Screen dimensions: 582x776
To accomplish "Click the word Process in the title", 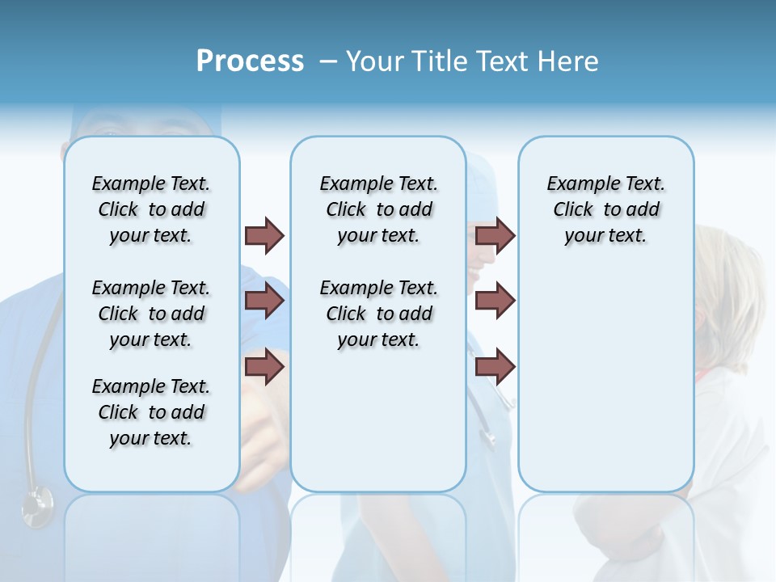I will (x=250, y=61).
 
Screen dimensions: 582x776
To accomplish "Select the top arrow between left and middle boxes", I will (x=264, y=235).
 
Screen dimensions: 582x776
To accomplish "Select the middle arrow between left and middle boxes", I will (x=264, y=301).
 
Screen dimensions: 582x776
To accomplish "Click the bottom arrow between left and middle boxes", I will (x=264, y=366).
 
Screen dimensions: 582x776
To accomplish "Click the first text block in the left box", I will (x=151, y=209).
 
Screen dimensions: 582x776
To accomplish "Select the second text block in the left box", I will (x=151, y=314).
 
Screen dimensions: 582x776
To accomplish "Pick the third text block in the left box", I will (x=151, y=412).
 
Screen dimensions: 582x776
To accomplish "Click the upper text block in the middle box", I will (x=378, y=209).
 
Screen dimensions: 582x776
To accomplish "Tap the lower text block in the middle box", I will (x=378, y=314).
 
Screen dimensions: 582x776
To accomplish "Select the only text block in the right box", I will (x=606, y=209).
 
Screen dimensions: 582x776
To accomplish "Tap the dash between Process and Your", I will (x=327, y=61).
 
